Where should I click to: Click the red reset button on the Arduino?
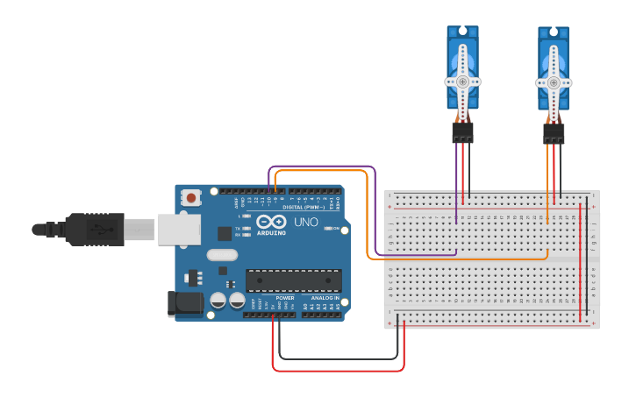(x=191, y=198)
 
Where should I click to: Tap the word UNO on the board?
(x=306, y=223)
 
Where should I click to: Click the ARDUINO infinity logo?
(x=271, y=222)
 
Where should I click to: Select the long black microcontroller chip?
(x=293, y=280)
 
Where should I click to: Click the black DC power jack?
(x=180, y=303)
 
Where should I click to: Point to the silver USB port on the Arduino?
(x=179, y=230)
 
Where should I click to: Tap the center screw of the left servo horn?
(x=462, y=82)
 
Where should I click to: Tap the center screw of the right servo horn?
(x=554, y=83)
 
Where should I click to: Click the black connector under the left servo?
(x=462, y=132)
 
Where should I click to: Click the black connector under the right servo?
(x=554, y=134)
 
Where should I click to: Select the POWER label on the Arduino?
(x=285, y=298)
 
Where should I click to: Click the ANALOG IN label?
(x=325, y=298)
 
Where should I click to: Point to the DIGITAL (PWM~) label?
(x=304, y=207)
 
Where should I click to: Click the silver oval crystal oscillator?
(x=222, y=255)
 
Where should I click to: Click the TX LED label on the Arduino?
(x=239, y=228)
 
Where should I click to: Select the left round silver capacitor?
(x=218, y=300)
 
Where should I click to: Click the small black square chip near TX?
(x=225, y=233)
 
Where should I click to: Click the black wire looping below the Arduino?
(x=338, y=358)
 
